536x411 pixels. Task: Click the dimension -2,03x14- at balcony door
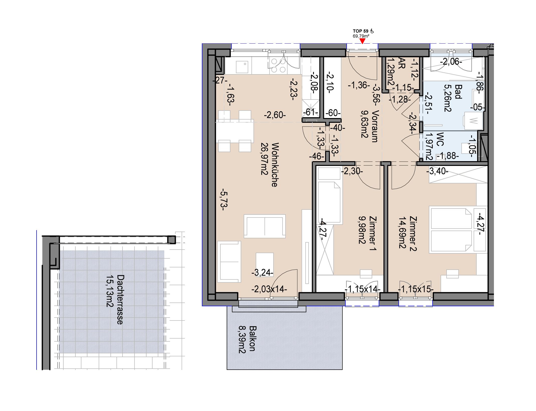(269, 289)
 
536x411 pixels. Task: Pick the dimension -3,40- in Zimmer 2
(437, 171)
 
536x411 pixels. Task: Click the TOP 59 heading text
(361, 31)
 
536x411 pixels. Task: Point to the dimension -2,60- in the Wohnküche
(275, 115)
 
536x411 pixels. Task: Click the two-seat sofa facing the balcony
(264, 226)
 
